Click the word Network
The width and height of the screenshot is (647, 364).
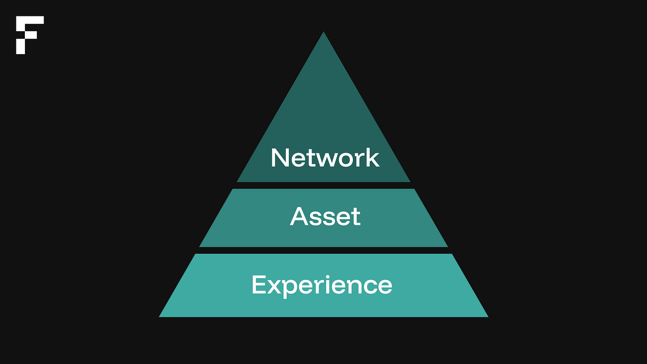[325, 158]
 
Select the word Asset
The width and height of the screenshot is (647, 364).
[325, 216]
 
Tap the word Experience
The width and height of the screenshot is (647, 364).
[322, 285]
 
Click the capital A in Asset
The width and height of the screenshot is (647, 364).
[300, 216]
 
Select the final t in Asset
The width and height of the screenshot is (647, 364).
[356, 217]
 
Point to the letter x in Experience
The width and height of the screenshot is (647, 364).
[275, 287]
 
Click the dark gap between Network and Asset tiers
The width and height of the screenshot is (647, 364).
[323, 185]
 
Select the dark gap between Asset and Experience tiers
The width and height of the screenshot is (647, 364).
[323, 250]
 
